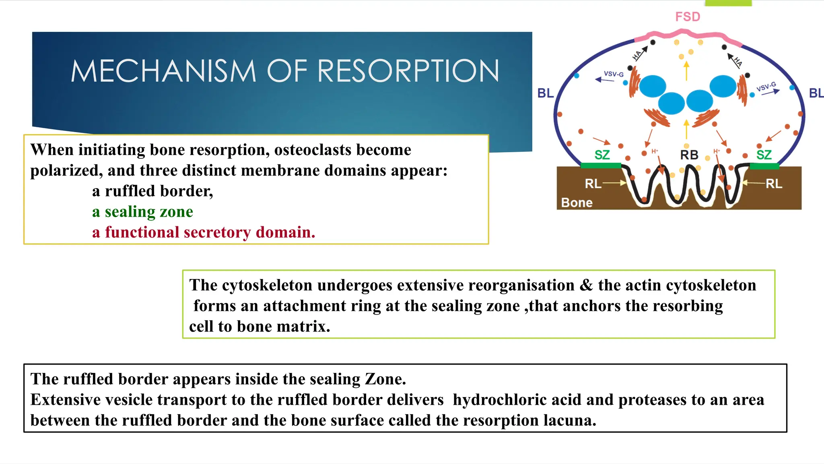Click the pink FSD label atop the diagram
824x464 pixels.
[688, 17]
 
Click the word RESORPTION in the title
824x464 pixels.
[408, 71]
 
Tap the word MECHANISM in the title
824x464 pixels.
[163, 71]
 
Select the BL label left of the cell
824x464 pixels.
[546, 93]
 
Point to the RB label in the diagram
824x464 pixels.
[689, 155]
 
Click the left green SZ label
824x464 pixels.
[602, 155]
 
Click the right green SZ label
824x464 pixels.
[764, 155]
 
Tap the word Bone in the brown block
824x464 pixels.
[577, 203]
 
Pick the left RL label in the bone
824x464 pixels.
[593, 184]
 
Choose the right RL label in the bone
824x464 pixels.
[774, 184]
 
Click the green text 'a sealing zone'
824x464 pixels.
[142, 212]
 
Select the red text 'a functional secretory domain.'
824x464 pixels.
[204, 232]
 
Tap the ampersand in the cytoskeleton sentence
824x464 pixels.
[586, 285]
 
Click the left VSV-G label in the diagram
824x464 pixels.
[614, 74]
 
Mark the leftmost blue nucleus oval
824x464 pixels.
[653, 86]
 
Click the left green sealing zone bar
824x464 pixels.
[601, 166]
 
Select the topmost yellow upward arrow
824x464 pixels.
[686, 70]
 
